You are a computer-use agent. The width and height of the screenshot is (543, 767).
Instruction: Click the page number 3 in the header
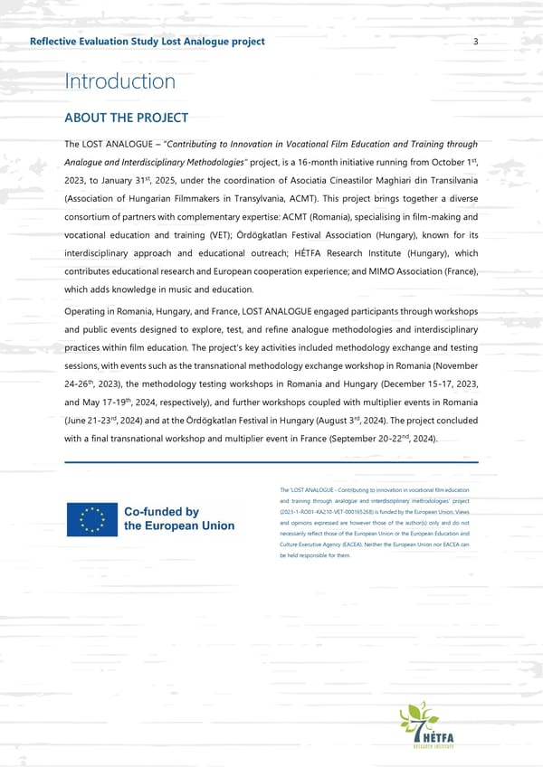click(475, 42)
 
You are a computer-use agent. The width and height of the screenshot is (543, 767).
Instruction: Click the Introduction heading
click(119, 82)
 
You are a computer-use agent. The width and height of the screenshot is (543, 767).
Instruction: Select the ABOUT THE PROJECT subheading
click(126, 118)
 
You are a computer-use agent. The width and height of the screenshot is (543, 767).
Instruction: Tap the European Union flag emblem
click(90, 518)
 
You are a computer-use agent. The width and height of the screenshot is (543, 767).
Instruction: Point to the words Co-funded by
click(161, 511)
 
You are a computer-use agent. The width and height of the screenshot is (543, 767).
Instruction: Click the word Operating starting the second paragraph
click(89, 312)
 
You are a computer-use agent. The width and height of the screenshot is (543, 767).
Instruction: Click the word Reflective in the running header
click(55, 42)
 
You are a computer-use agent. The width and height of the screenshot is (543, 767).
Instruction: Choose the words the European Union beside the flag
click(178, 526)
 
